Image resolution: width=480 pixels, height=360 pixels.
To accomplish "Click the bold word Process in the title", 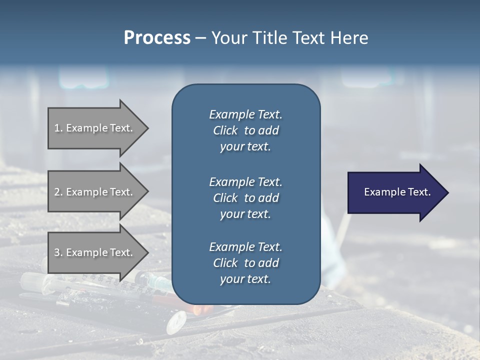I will (x=157, y=37).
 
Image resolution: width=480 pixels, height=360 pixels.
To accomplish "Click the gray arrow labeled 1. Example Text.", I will (x=95, y=128).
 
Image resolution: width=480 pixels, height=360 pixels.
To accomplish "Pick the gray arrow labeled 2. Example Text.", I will (x=95, y=192).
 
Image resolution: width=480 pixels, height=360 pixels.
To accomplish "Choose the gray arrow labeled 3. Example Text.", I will (x=95, y=252).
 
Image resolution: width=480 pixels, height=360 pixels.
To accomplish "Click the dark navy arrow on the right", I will (x=395, y=192).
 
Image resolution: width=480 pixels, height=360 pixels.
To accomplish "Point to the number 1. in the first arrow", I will (x=58, y=128).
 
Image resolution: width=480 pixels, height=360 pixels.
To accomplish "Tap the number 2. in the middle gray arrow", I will (x=58, y=192).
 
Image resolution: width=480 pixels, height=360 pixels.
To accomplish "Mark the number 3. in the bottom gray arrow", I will (x=58, y=252).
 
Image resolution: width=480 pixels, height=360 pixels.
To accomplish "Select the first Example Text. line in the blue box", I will (x=245, y=114).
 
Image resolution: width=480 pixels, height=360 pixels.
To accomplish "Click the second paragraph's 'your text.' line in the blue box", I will (x=245, y=214).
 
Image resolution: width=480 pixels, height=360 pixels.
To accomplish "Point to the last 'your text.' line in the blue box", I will (x=245, y=279).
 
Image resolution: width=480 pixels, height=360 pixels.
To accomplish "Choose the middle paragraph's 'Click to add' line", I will (x=245, y=198).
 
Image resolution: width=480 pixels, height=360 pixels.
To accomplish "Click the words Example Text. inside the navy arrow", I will (x=397, y=192).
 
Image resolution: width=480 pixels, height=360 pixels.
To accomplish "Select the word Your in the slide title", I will (x=227, y=37).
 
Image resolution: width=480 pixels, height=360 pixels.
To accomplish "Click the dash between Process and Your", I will (x=200, y=38).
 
